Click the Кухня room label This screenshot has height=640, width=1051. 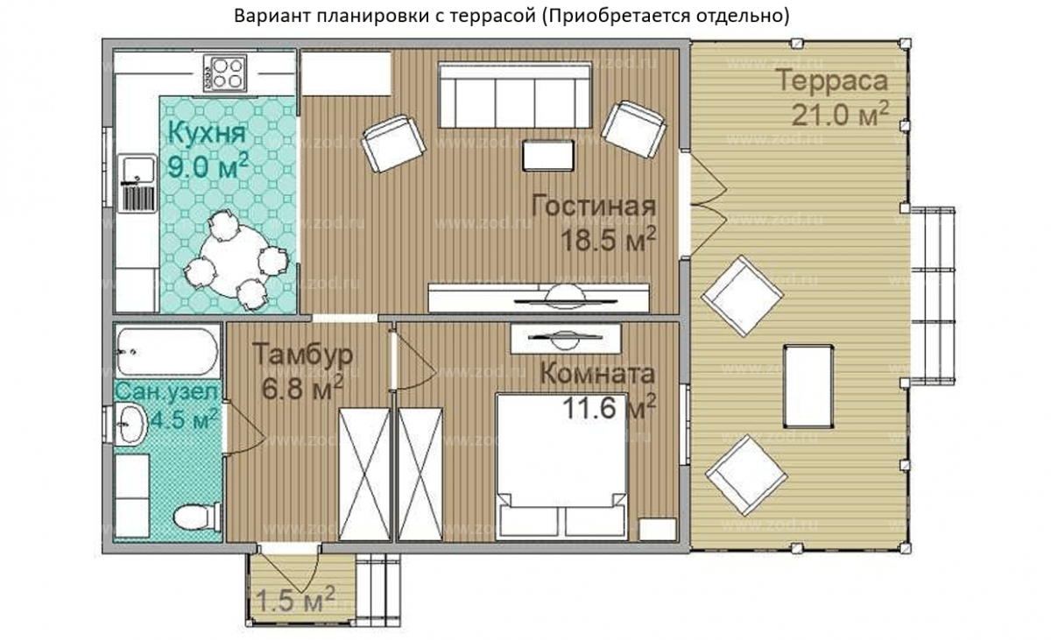206,136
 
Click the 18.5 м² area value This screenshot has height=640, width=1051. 606,242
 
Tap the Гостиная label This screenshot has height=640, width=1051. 594,207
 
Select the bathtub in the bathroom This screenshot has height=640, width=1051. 166,351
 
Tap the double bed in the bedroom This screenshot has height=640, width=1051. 561,464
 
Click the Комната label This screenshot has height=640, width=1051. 596,375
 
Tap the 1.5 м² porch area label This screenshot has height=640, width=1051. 296,601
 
